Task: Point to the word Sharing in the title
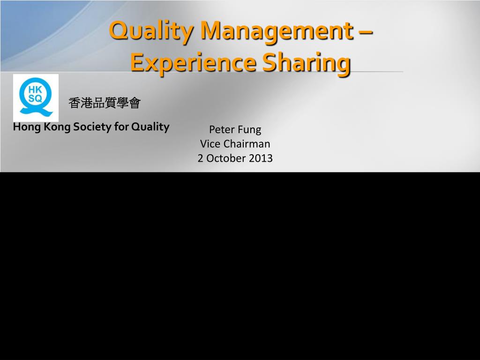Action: [x=306, y=63]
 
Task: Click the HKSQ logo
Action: [x=36, y=97]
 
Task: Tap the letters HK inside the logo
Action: [x=36, y=89]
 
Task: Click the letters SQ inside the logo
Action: [x=36, y=98]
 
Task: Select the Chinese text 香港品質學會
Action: [x=105, y=103]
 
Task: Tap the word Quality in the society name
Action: [x=150, y=127]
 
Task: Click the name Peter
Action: [x=222, y=129]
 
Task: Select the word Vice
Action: [x=210, y=144]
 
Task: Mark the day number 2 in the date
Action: [x=201, y=158]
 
